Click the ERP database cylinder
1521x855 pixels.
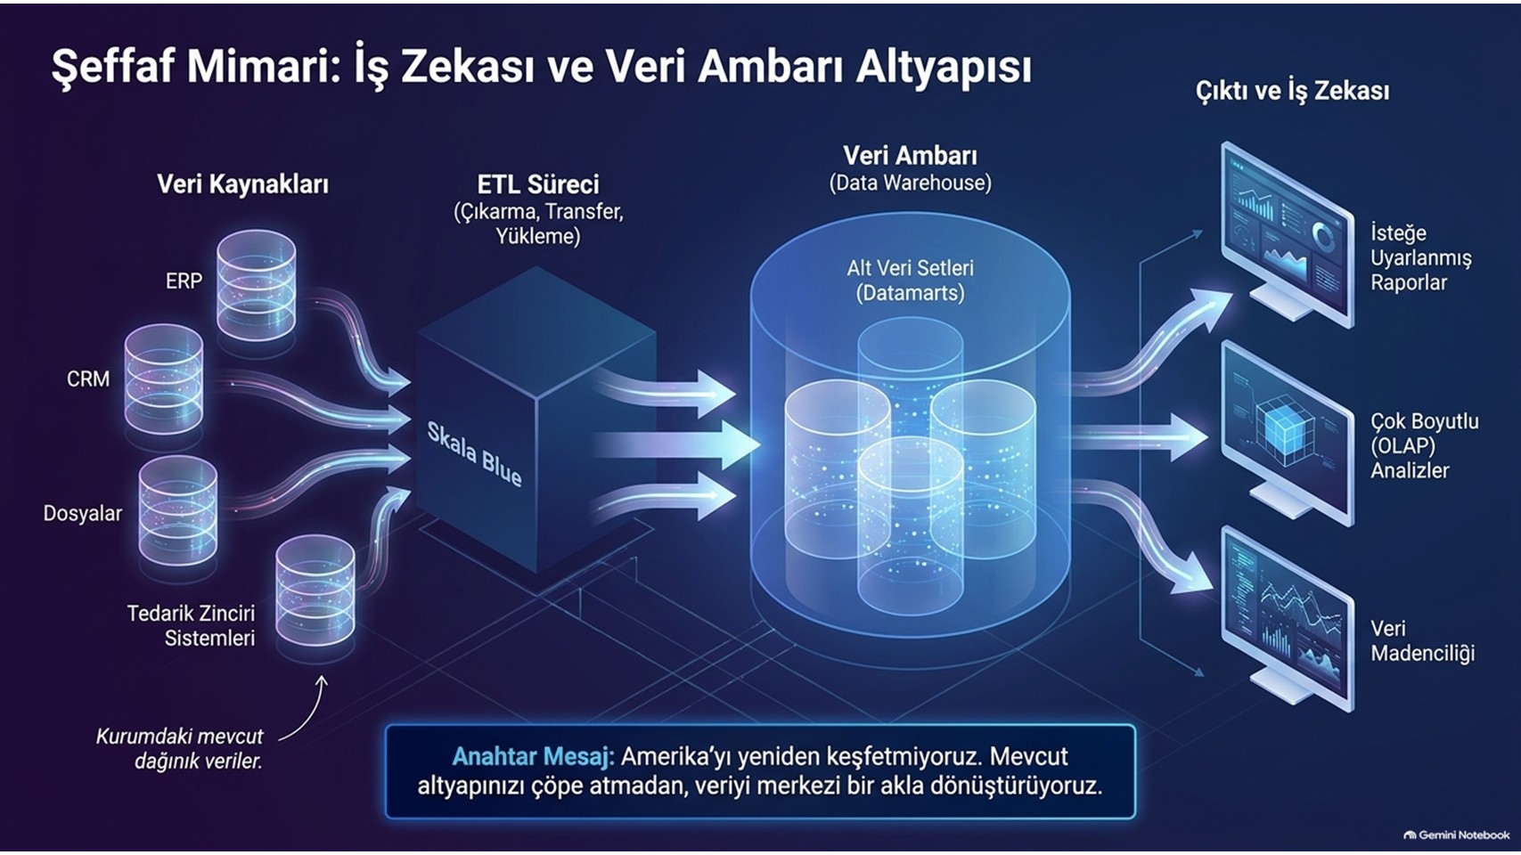(256, 285)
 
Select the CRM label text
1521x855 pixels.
(88, 379)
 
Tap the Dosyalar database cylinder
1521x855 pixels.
(178, 510)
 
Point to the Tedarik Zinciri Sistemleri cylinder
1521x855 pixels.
(315, 590)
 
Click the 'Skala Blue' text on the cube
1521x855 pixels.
(474, 454)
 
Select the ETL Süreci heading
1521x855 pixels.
(538, 184)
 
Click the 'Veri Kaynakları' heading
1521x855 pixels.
(243, 184)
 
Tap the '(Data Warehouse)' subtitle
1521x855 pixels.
(910, 183)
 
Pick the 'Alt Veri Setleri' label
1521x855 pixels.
(910, 268)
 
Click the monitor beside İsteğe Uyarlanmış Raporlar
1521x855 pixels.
(1287, 234)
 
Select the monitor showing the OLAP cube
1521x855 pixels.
(1287, 435)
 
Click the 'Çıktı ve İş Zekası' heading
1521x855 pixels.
(1292, 92)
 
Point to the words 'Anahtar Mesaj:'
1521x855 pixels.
(533, 757)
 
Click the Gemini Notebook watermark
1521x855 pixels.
(1457, 835)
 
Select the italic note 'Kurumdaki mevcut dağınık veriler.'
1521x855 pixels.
(180, 749)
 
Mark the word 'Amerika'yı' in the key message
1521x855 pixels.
(675, 757)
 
